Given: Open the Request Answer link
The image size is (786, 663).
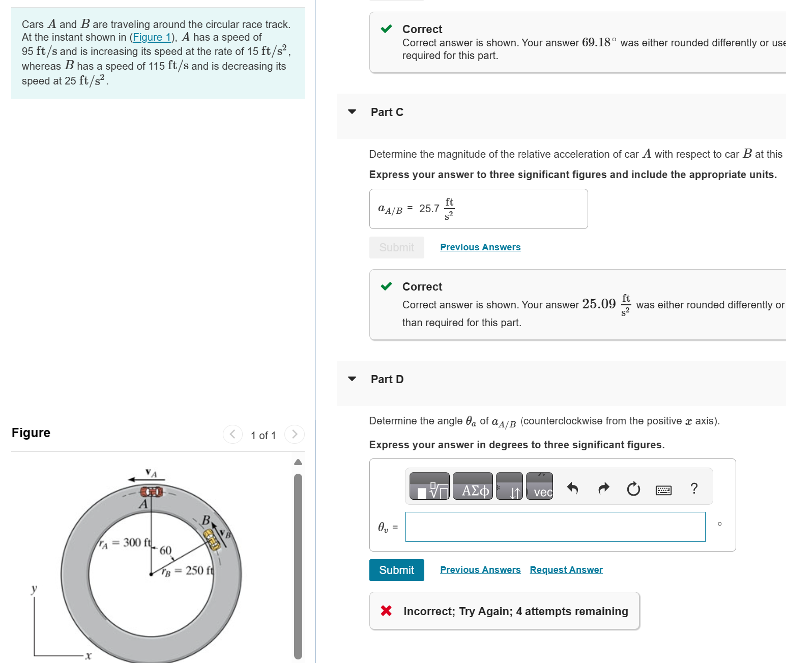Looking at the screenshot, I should pos(566,569).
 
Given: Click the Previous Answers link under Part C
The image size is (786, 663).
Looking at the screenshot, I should pos(480,247).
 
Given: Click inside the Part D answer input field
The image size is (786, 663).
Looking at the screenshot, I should pos(555,527).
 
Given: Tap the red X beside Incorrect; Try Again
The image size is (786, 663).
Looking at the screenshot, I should pos(386,611).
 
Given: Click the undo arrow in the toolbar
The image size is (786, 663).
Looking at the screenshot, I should pos(572,488).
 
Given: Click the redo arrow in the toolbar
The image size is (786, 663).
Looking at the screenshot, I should pos(603,488).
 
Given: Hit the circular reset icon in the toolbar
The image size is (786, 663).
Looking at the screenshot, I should pos(633,489).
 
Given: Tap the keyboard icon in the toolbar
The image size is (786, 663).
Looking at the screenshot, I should pos(663,489).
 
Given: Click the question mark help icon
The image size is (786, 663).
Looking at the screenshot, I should pos(694,488).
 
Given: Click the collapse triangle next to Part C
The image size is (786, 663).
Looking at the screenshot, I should pos(352,112).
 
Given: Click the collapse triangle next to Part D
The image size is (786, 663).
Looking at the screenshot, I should pos(352,379).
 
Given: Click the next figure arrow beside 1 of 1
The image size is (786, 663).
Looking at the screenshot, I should pos(294,434).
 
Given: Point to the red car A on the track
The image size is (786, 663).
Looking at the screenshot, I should pos(151,492).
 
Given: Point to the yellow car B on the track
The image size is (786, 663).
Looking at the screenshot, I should pos(212,539).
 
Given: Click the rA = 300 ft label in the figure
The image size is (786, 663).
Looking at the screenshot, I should pos(125,543).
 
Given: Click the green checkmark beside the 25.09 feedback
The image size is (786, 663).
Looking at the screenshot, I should pos(387,286).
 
